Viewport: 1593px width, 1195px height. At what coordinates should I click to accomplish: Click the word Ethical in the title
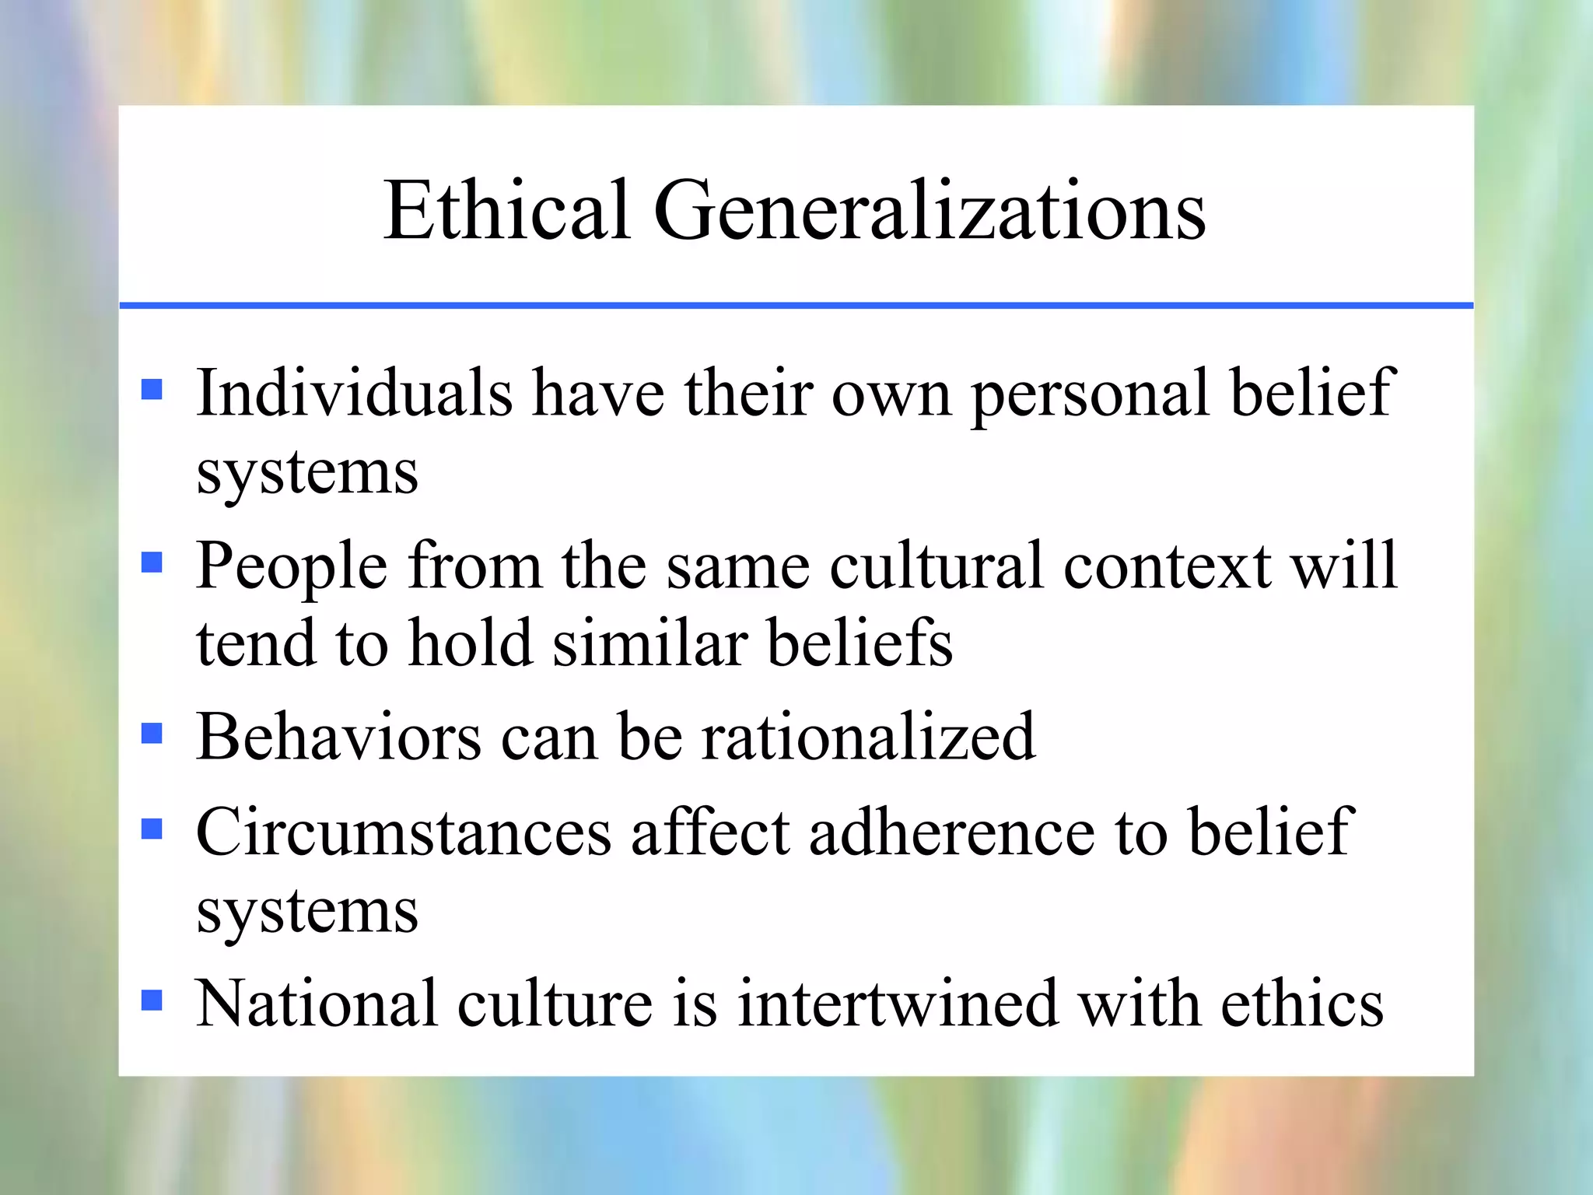pos(506,210)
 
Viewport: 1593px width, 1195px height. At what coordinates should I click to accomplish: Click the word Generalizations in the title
pos(930,212)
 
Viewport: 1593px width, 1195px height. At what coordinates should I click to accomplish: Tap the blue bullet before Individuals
pos(152,389)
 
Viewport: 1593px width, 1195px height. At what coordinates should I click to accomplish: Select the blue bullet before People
pos(152,562)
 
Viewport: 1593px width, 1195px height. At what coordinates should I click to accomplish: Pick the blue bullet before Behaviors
pos(152,734)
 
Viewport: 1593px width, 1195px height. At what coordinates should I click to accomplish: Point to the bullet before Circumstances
pos(152,829)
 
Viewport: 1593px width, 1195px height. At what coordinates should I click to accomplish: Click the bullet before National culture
pos(152,1000)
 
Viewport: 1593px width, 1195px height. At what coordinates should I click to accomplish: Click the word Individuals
pos(354,393)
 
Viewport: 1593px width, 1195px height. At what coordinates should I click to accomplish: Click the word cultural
pos(936,566)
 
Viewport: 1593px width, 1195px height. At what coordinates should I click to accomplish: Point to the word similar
pos(649,643)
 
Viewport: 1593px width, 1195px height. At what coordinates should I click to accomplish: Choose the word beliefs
pos(860,643)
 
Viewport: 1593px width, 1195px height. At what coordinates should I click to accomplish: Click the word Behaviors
pos(338,737)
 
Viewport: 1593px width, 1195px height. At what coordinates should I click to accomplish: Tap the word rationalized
pos(868,737)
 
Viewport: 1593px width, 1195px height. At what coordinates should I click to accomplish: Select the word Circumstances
pos(404,832)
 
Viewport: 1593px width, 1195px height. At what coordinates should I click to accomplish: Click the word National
pos(317,1004)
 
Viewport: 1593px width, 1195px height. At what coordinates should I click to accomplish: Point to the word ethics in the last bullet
pos(1302,1004)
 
